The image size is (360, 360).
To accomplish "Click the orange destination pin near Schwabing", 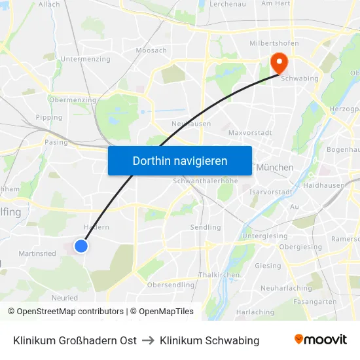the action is (279, 63).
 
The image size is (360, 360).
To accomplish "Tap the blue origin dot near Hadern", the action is (81, 246).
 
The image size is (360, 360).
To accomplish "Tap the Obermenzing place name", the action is (73, 100).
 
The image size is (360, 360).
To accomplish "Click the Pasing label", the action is (56, 141).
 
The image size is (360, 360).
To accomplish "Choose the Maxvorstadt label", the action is (249, 133).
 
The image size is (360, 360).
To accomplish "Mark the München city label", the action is (274, 168).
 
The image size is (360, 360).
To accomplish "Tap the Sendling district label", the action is (205, 228).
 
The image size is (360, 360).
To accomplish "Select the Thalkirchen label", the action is (219, 275).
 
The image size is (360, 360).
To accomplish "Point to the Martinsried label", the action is (37, 253).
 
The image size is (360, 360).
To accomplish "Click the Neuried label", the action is (65, 297).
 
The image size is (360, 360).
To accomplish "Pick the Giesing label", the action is (268, 266).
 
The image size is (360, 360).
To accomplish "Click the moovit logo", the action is (320, 339).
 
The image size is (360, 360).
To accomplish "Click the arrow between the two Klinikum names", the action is (148, 340).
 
